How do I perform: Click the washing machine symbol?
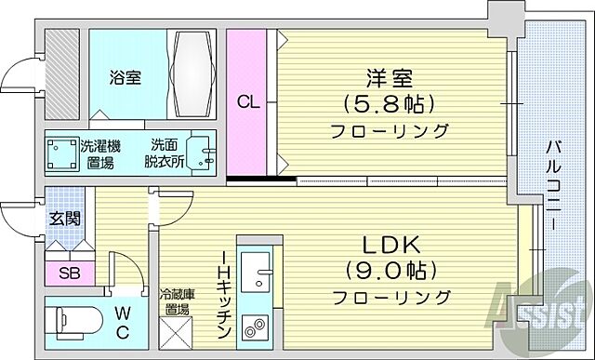[64, 153]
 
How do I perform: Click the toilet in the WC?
[74, 318]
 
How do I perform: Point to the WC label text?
[122, 321]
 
